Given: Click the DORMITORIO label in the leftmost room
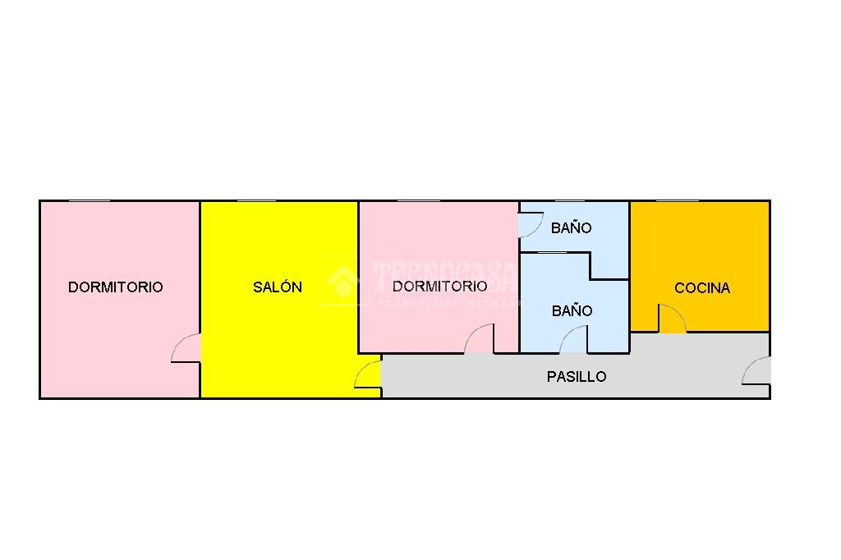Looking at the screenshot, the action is point(115,287).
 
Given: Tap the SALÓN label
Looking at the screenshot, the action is point(277,287).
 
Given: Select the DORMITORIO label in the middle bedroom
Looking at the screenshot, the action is point(439,286).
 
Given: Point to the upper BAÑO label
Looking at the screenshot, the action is point(571,228).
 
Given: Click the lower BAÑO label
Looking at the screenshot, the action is point(572,311).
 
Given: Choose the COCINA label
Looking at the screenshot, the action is point(702,288).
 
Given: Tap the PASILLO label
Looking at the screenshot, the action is point(577,377).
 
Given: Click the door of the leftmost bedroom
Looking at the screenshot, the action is point(187,348).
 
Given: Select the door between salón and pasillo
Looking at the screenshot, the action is point(369,374).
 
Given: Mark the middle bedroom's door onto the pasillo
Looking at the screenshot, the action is point(480,340).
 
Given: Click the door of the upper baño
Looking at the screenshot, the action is point(531,224).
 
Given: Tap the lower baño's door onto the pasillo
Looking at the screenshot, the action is point(574,340).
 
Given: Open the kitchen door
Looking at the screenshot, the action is point(672,319).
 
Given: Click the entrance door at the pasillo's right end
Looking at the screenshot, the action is point(756,371).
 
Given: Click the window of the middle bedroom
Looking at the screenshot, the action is point(419,200).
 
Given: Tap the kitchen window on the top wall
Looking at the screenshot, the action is point(678,200).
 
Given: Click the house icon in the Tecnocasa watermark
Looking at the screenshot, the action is point(343,281).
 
